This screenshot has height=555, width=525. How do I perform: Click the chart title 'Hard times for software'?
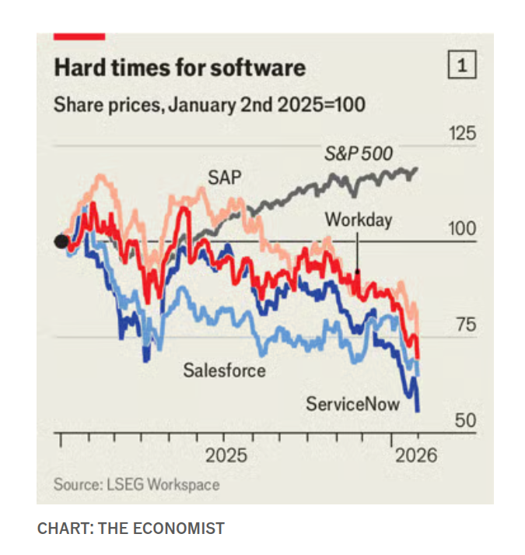click(x=179, y=68)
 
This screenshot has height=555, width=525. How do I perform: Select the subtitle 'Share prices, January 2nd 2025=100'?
click(x=209, y=104)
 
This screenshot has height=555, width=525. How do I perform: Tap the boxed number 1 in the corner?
click(x=461, y=68)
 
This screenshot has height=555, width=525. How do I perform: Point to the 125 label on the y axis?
click(x=461, y=134)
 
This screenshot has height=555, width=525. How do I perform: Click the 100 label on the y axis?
click(x=461, y=230)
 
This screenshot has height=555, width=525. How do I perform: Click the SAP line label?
click(x=224, y=177)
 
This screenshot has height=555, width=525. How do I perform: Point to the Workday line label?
click(x=359, y=220)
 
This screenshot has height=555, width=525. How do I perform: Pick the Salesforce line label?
click(x=224, y=370)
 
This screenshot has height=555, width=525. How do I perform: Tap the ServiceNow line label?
click(x=352, y=403)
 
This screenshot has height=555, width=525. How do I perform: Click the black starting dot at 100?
click(x=61, y=241)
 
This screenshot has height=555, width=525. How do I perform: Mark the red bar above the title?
click(x=79, y=36)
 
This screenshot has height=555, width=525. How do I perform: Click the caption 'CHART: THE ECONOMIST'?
click(x=131, y=529)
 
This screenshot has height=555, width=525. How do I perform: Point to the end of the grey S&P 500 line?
click(x=418, y=168)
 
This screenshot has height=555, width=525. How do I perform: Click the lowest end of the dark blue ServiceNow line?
click(x=418, y=409)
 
